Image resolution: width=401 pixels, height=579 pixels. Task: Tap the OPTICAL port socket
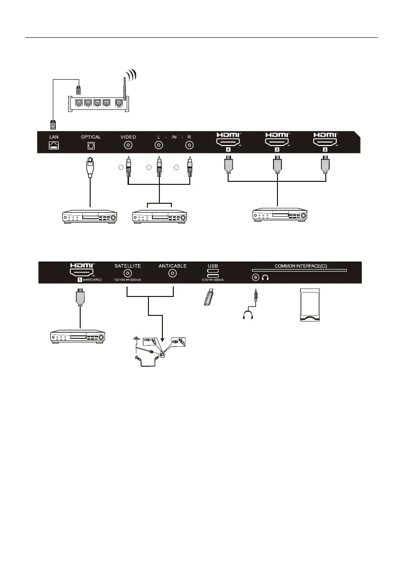[90, 145]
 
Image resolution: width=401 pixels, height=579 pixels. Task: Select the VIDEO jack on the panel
[128, 145]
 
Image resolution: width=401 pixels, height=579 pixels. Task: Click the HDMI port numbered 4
[228, 143]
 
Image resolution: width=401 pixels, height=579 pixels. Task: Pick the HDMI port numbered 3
[276, 143]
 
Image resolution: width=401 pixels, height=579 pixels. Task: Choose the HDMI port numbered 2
[325, 143]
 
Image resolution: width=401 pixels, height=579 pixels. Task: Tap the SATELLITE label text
[127, 266]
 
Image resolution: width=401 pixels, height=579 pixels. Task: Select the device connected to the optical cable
[90, 217]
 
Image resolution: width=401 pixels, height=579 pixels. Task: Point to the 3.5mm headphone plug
[256, 297]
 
